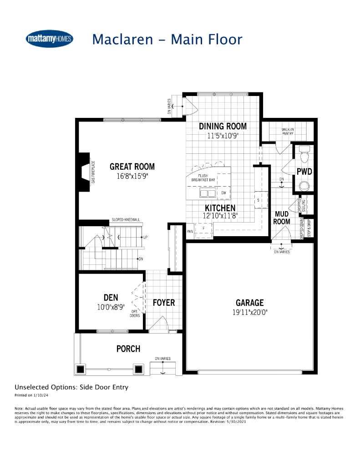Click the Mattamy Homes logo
50,39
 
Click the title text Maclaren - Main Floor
167,39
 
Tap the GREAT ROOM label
132,167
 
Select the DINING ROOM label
223,126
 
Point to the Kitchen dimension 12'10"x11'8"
220,216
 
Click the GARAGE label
249,303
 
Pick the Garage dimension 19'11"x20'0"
249,312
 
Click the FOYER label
163,303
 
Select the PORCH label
128,349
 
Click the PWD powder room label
304,172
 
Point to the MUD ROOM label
281,218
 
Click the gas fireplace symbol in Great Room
84,173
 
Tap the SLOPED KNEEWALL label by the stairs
126,220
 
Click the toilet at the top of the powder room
304,152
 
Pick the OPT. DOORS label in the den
135,314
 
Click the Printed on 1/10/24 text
31,395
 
